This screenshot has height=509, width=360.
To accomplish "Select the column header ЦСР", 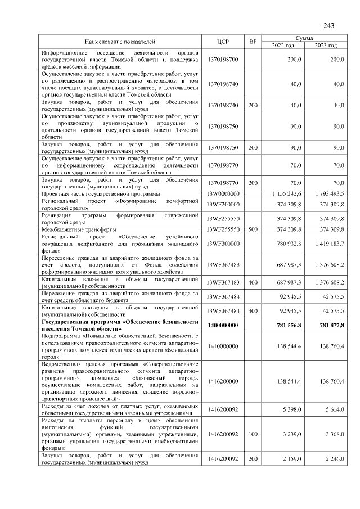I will [223, 42].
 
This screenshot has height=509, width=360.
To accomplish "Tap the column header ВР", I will [253, 42].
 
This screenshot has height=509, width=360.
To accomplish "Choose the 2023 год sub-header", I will [326, 45].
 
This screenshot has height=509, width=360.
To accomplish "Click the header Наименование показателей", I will [119, 42].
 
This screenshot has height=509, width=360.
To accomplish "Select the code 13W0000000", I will [223, 193].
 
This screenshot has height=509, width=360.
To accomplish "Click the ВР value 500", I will [253, 229].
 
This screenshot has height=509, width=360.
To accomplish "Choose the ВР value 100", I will [253, 434].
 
